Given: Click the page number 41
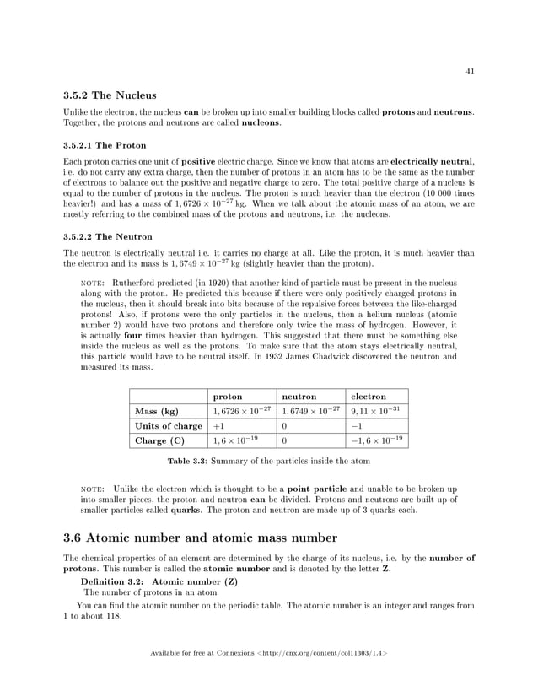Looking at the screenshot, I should click(x=470, y=72).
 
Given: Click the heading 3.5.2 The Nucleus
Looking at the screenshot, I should click(x=110, y=95).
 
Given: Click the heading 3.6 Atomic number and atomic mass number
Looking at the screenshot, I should click(x=201, y=538).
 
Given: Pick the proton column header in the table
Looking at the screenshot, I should click(x=228, y=395).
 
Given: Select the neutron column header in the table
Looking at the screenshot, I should click(x=299, y=395).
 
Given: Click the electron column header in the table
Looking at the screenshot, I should click(x=369, y=395).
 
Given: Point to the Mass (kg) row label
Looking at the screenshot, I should click(x=156, y=410).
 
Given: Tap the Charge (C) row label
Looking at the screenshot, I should click(x=159, y=440).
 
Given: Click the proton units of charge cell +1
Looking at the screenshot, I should click(x=218, y=425).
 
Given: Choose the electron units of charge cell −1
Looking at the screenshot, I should click(x=357, y=425).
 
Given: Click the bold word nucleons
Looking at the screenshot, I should click(x=258, y=122).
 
